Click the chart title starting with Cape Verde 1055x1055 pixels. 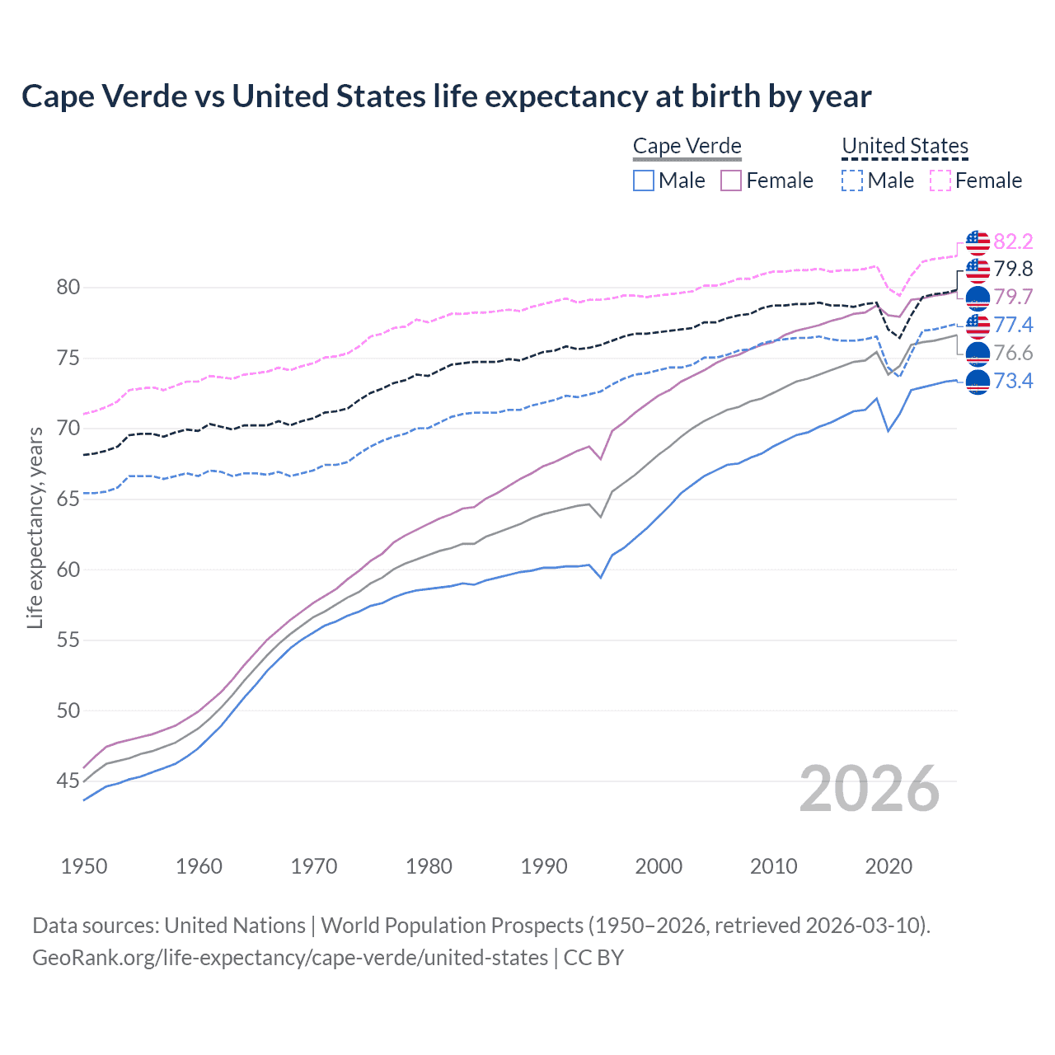[x=446, y=96]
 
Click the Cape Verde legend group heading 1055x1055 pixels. [x=687, y=147]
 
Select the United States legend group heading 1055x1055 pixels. [x=904, y=147]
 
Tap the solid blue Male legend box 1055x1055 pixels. [x=644, y=181]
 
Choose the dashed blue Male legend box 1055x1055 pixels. [x=852, y=181]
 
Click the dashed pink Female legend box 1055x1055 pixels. [x=940, y=181]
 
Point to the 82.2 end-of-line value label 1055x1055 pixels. [x=1013, y=241]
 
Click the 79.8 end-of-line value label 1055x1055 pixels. [x=1013, y=270]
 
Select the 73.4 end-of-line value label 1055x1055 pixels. [x=1013, y=381]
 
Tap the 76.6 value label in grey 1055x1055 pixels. [x=1013, y=353]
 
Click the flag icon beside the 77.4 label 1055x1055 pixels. [x=978, y=326]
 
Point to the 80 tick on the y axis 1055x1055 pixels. [x=68, y=288]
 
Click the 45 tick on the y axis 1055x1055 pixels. [x=68, y=781]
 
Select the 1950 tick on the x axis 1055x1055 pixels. [x=84, y=866]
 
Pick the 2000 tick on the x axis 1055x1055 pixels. [x=659, y=866]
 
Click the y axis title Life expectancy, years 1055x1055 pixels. [x=35, y=527]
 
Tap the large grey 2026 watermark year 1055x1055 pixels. [x=869, y=789]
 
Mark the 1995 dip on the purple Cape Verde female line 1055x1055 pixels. [x=601, y=459]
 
